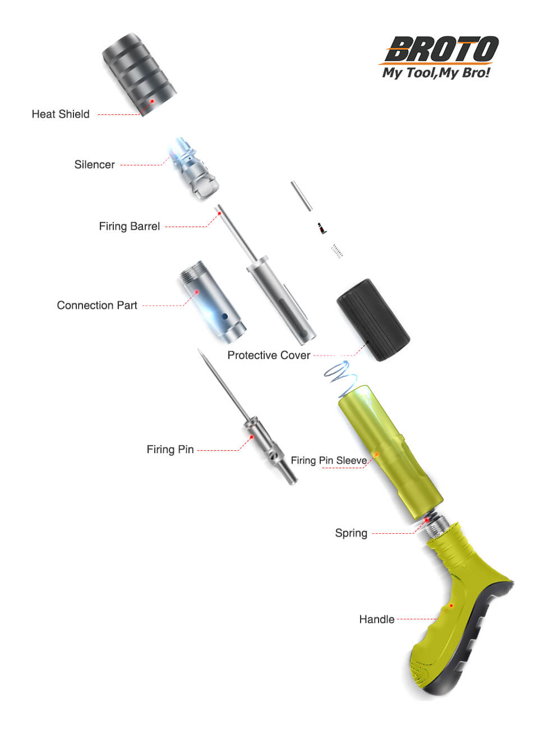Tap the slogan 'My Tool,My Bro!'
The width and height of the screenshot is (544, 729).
point(436,72)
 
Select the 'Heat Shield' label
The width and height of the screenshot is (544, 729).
point(61,114)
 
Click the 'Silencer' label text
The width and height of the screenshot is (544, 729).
point(94,164)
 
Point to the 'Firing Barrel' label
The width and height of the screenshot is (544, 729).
point(129,226)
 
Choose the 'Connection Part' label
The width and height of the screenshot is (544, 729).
point(97,305)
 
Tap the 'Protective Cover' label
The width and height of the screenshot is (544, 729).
point(269,355)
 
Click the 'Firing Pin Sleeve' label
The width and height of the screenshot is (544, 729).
point(329,460)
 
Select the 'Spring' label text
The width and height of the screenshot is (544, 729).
point(351,533)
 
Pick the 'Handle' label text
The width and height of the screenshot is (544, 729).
point(377,620)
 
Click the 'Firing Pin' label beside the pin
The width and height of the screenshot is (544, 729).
point(170,449)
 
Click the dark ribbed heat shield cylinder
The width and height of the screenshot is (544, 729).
point(139,75)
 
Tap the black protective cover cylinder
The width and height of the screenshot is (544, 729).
point(373,320)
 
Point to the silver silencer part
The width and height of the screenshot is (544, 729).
point(193,168)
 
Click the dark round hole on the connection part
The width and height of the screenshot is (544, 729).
point(225,316)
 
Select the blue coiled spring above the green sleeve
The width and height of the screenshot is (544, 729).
point(340,373)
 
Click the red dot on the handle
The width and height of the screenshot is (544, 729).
point(451,606)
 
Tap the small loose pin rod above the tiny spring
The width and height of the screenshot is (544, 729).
point(302,196)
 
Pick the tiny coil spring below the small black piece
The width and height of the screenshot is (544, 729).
point(336,251)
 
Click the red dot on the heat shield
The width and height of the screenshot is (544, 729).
point(152,101)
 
